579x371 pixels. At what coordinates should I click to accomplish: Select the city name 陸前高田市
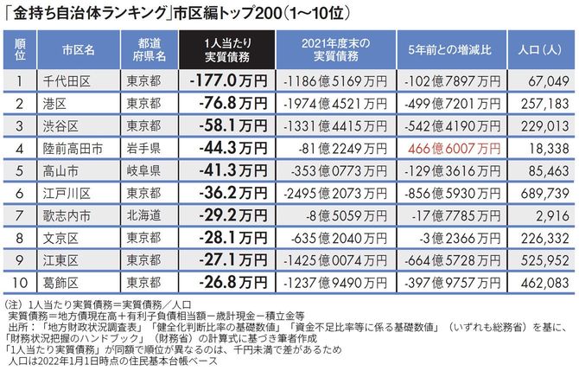click(x=78, y=148)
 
